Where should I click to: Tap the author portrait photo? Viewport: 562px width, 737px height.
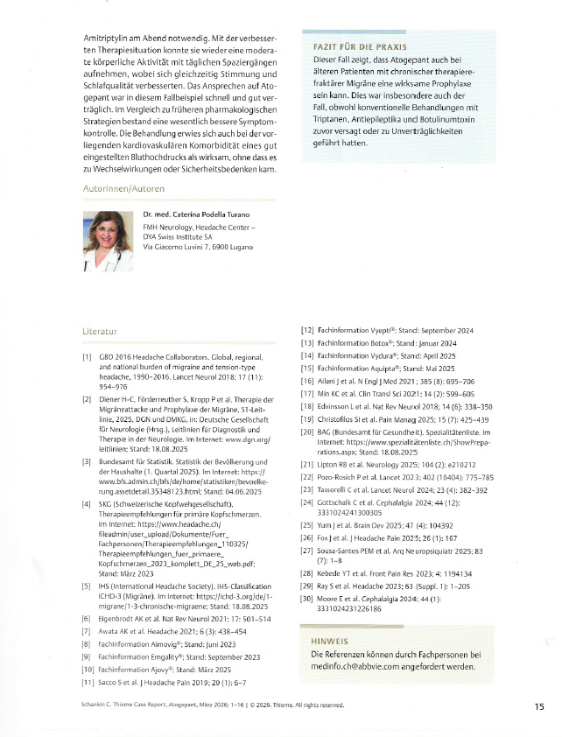(107, 242)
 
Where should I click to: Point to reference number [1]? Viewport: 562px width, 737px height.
(88, 357)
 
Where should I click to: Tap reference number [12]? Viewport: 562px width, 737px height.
(307, 330)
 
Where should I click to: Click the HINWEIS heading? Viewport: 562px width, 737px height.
(330, 641)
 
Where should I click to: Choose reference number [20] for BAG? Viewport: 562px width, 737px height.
(307, 432)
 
